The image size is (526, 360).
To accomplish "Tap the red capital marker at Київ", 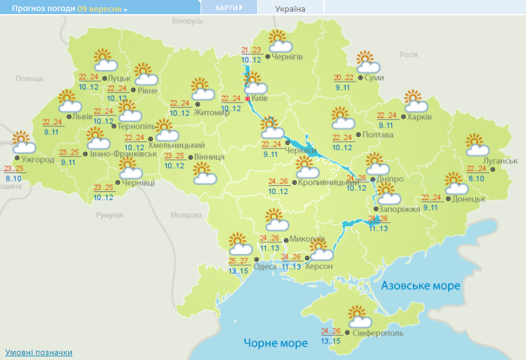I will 247,98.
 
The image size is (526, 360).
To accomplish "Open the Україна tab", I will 290,9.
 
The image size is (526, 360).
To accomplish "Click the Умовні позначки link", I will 39,352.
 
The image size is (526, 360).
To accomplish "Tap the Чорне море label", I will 275,342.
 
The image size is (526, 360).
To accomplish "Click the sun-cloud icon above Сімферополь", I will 360,317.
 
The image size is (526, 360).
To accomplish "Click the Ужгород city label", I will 37,159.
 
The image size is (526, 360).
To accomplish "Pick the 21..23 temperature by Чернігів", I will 251,50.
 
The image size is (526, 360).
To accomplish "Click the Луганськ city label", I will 500,160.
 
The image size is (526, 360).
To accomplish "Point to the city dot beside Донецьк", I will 448,199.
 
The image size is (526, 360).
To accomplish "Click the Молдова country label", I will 186,215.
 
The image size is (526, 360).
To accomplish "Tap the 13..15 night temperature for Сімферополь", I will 330,341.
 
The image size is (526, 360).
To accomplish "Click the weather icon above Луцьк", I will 105,61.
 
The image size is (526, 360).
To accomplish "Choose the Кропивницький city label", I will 325,182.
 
